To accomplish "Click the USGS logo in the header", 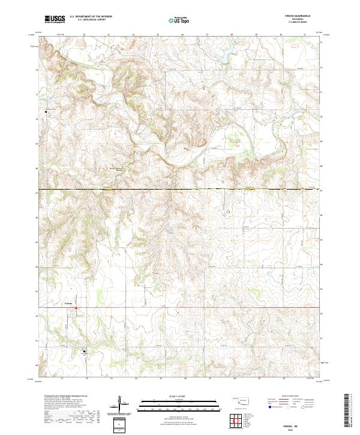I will tap(55, 19).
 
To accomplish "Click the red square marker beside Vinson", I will tap(76, 310).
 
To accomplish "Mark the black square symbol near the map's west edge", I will tap(46, 112).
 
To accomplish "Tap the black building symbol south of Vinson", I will tap(84, 352).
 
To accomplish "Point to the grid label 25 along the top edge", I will tap(158, 35).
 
